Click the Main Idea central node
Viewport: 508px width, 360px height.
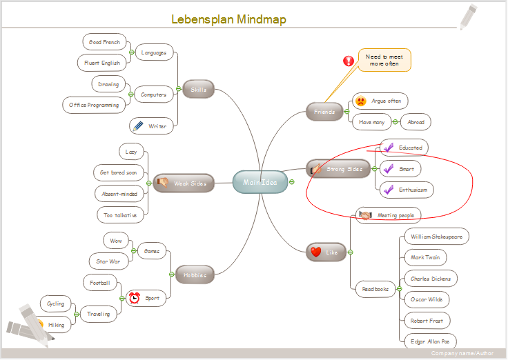(260, 182)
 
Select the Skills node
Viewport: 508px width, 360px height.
(199, 89)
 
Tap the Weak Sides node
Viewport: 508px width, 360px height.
(184, 183)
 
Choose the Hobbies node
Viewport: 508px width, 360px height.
(195, 274)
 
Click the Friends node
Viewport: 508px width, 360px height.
(324, 112)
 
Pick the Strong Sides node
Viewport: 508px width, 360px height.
(338, 169)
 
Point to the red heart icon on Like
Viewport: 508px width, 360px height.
(315, 252)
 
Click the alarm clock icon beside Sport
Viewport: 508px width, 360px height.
(134, 298)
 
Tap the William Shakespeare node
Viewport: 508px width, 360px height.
(436, 237)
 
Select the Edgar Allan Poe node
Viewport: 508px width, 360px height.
(429, 340)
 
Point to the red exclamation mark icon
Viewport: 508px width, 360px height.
(349, 61)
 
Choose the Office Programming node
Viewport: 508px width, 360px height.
(94, 105)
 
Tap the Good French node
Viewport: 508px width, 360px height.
(104, 42)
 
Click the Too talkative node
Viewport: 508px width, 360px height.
(119, 215)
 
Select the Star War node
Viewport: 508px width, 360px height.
(108, 261)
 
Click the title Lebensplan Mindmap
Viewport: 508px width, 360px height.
(228, 19)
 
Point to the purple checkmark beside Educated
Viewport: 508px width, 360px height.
(388, 147)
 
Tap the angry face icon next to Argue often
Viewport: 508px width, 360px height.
(361, 101)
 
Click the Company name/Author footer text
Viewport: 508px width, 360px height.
(462, 353)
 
